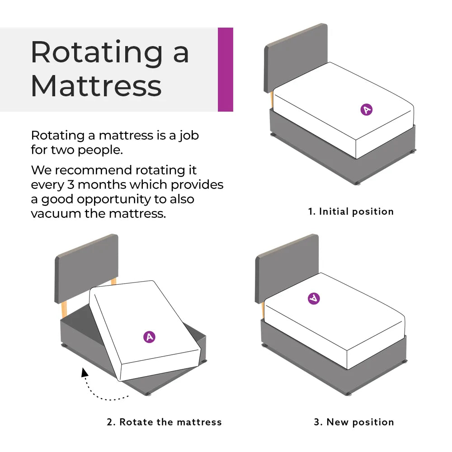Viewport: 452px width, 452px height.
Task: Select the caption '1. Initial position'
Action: pyautogui.click(x=351, y=212)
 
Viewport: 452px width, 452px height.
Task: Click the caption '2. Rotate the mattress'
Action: pyautogui.click(x=165, y=422)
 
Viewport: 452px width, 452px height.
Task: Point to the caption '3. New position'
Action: pyautogui.click(x=354, y=422)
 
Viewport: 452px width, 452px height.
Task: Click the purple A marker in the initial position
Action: pyautogui.click(x=367, y=109)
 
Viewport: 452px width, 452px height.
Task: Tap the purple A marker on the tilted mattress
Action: pyautogui.click(x=149, y=337)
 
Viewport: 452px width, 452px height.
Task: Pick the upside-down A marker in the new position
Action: pyautogui.click(x=314, y=298)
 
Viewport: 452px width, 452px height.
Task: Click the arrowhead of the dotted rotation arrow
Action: pyautogui.click(x=84, y=372)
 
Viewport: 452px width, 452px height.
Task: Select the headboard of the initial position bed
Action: pyautogui.click(x=296, y=54)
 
